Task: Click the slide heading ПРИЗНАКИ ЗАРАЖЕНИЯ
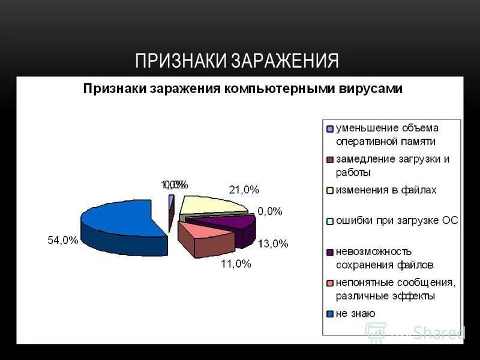(237, 61)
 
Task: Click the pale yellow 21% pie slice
(210, 205)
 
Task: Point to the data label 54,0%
(63, 241)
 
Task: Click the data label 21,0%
(244, 190)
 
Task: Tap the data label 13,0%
(273, 244)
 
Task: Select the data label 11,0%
(236, 263)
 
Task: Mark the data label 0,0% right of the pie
(269, 211)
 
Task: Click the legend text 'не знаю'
(355, 313)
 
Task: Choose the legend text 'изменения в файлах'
(386, 190)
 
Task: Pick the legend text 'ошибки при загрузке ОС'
(397, 220)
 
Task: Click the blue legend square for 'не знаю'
(329, 314)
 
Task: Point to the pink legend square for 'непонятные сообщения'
(329, 283)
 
